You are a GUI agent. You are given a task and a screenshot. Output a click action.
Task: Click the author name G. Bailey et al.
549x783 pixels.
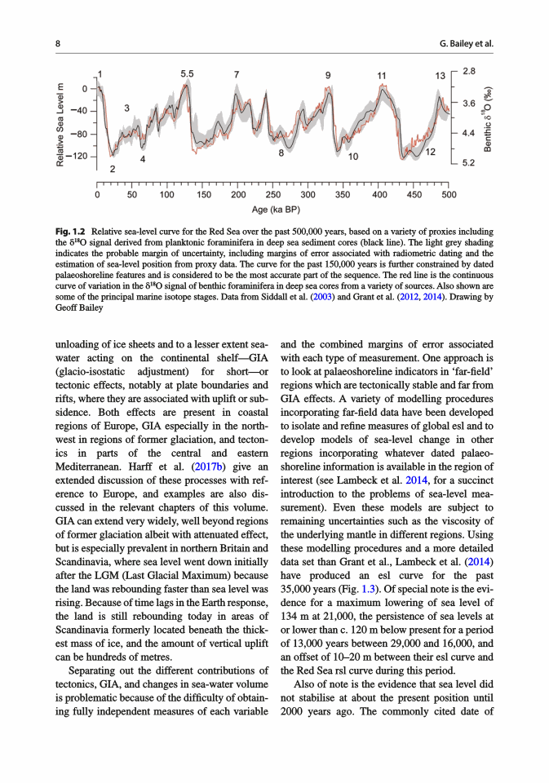467,43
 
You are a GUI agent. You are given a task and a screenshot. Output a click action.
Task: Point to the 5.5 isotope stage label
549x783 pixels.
187,74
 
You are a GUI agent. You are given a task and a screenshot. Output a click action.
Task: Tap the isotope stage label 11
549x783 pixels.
381,76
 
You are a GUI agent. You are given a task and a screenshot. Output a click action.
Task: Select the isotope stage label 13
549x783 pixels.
441,76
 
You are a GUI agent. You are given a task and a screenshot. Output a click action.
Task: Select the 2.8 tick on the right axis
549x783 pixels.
470,73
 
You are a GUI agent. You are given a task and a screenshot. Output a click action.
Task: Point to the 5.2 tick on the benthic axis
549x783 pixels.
470,163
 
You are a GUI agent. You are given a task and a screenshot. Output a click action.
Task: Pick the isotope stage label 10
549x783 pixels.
353,155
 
